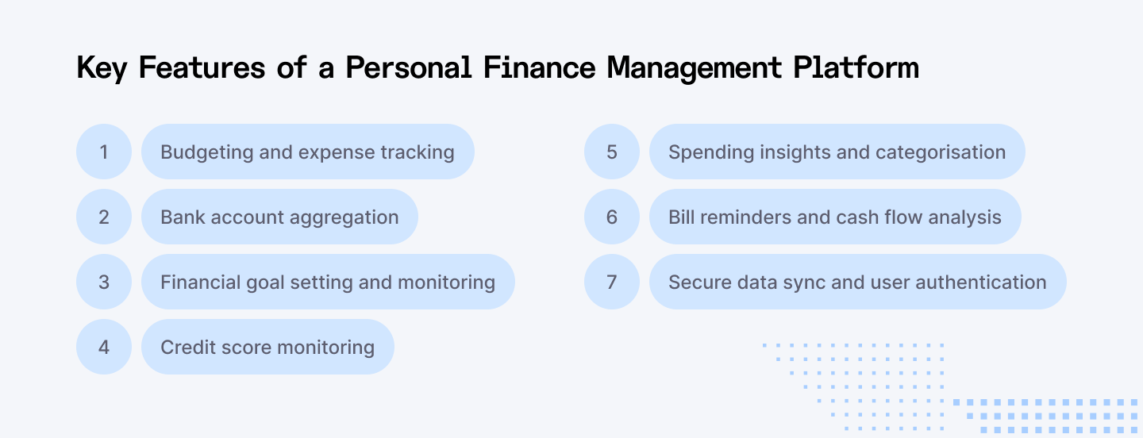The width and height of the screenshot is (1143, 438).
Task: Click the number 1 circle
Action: [x=104, y=152]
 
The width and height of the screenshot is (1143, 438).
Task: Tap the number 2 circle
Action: [x=104, y=217]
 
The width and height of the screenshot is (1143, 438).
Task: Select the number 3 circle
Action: [x=104, y=282]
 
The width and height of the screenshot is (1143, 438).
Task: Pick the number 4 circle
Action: [x=104, y=347]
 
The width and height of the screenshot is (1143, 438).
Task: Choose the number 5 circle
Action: [x=612, y=152]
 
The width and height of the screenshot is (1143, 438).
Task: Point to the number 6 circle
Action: [x=612, y=217]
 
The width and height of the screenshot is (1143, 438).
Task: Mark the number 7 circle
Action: [x=612, y=282]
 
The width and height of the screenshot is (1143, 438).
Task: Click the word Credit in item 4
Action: [x=186, y=348]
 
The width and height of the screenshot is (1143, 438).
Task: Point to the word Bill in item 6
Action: [x=679, y=217]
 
